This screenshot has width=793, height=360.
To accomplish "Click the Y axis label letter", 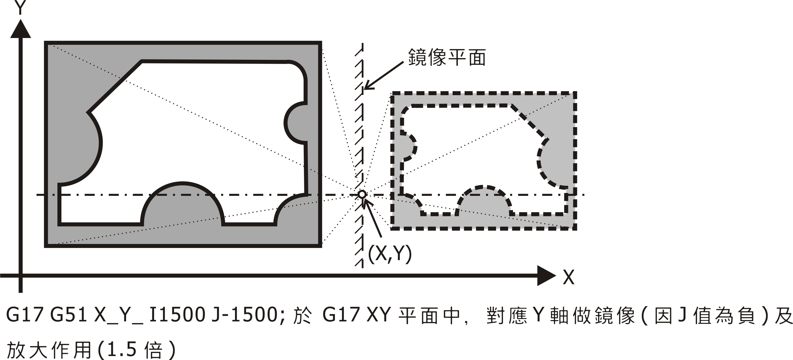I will point(20,8).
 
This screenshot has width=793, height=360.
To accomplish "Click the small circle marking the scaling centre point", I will point(362,195).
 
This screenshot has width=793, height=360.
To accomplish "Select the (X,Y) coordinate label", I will point(390,255).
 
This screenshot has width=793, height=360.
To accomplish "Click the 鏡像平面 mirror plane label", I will point(447,58).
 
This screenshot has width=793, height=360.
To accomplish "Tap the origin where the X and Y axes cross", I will point(21,275).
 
